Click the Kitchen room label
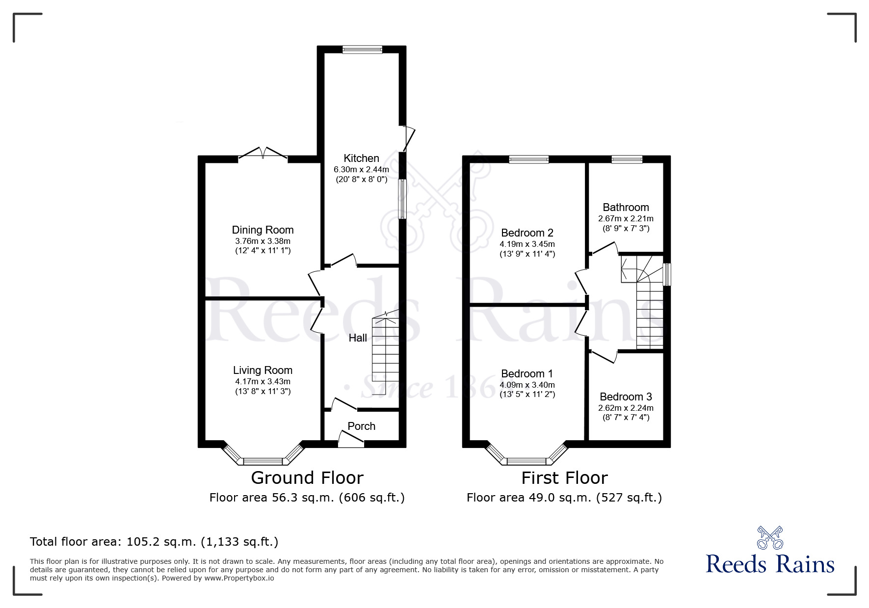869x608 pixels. tap(361, 158)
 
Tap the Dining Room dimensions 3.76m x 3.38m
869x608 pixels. tap(263, 241)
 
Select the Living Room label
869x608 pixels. tap(263, 370)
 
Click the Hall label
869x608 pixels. tap(358, 338)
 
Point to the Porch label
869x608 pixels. tap(361, 426)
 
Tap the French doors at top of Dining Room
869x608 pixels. tap(263, 153)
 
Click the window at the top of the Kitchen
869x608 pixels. tap(362, 49)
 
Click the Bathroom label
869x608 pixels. tap(626, 207)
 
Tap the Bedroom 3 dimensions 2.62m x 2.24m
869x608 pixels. tap(626, 408)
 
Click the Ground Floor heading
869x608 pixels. tap(307, 477)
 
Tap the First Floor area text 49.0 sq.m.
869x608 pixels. tap(564, 498)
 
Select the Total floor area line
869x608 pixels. tap(154, 542)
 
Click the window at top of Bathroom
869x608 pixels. tap(627, 159)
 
